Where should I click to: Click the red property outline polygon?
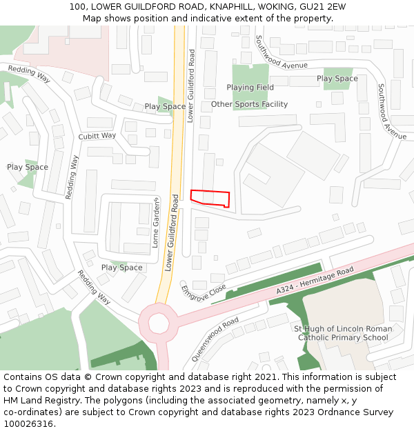coord(209,197)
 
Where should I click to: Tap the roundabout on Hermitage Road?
coord(158,322)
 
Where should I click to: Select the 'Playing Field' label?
coord(250,88)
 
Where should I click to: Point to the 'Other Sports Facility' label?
coord(249,104)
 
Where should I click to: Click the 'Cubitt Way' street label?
coord(97,136)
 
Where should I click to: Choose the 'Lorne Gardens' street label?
coord(156,223)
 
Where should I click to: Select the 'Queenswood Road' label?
coord(215,339)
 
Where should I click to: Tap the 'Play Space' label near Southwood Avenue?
coord(337,79)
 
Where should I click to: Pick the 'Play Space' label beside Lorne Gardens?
coord(121,268)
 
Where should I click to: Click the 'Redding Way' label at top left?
coord(29,74)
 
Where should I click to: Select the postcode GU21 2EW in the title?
coord(326,7)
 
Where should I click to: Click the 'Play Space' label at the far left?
coord(27,167)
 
